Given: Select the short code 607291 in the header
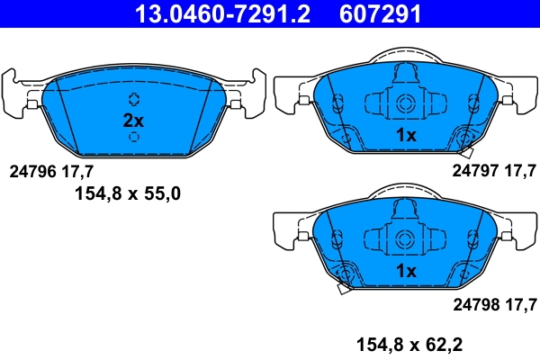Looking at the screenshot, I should point(381,14).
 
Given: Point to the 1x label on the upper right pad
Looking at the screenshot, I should point(406,135).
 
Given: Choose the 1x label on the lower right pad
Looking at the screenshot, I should point(406,271).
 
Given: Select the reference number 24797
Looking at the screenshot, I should point(474,169).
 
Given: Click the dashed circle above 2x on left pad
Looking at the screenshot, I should point(133,99).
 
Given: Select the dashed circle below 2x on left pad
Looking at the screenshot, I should point(133,138).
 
